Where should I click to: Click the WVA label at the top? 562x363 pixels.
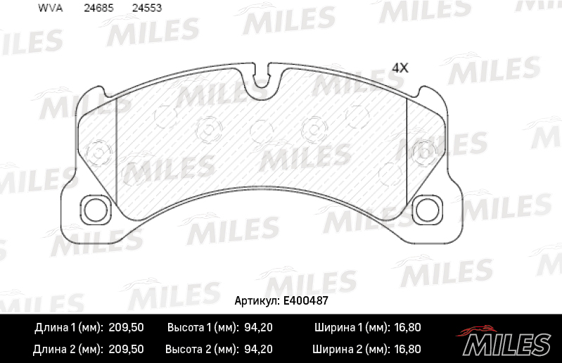click(x=49, y=8)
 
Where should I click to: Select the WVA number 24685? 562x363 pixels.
click(x=98, y=8)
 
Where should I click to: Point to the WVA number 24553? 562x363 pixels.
click(x=146, y=8)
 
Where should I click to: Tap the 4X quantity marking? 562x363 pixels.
click(x=400, y=68)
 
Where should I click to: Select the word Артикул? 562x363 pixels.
click(x=254, y=300)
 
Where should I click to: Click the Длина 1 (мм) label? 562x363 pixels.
click(x=68, y=328)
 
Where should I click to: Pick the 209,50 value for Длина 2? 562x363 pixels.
click(x=127, y=348)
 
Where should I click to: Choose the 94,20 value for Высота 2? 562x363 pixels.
click(x=258, y=348)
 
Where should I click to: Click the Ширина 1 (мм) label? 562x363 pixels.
click(x=347, y=328)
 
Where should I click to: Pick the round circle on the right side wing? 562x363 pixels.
click(x=425, y=150)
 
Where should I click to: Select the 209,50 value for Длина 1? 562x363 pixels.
click(x=127, y=328)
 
